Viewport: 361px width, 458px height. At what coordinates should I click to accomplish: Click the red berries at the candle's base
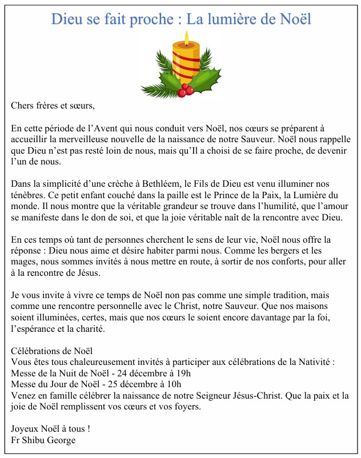tap(185, 90)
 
